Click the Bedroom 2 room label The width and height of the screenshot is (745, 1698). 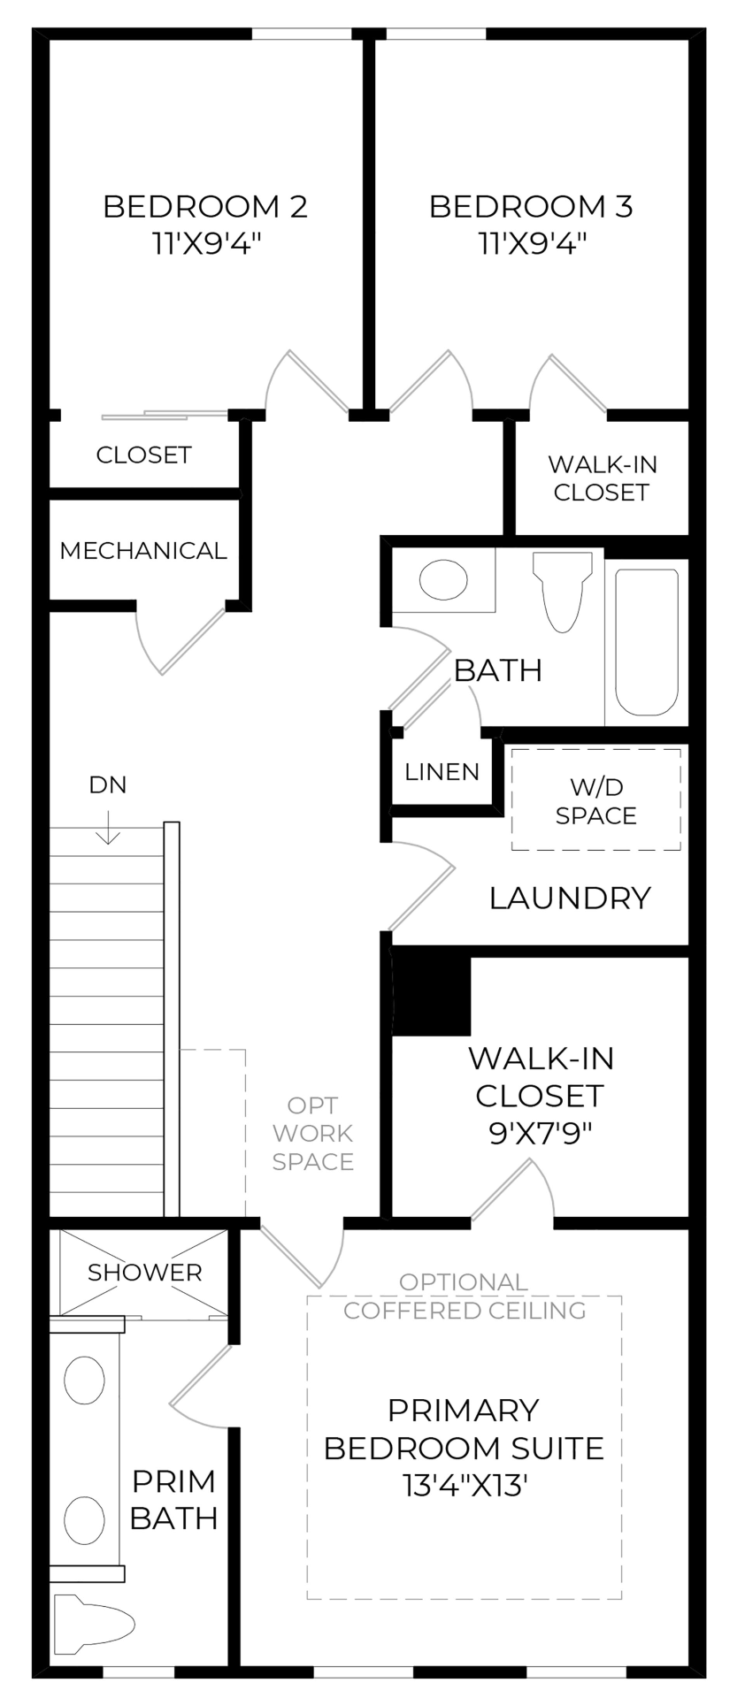click(205, 207)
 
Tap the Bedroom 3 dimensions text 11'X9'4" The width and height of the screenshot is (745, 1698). click(533, 243)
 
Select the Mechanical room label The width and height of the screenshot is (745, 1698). click(143, 551)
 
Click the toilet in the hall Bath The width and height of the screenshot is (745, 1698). click(562, 591)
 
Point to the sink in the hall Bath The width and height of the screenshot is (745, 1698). click(442, 580)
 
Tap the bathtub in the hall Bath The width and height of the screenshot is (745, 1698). click(647, 640)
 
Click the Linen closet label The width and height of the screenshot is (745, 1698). click(442, 771)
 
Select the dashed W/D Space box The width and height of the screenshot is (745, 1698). click(595, 799)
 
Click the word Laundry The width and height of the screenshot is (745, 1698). click(570, 899)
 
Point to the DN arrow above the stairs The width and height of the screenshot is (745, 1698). click(108, 829)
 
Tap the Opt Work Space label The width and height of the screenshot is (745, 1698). click(313, 1133)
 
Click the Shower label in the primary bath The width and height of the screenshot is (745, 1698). click(144, 1273)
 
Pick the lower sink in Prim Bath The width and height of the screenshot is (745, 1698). click(84, 1519)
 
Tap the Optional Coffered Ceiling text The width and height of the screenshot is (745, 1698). click(465, 1296)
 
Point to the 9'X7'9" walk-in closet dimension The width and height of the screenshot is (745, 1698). click(540, 1133)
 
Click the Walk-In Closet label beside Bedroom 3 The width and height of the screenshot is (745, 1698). click(602, 478)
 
